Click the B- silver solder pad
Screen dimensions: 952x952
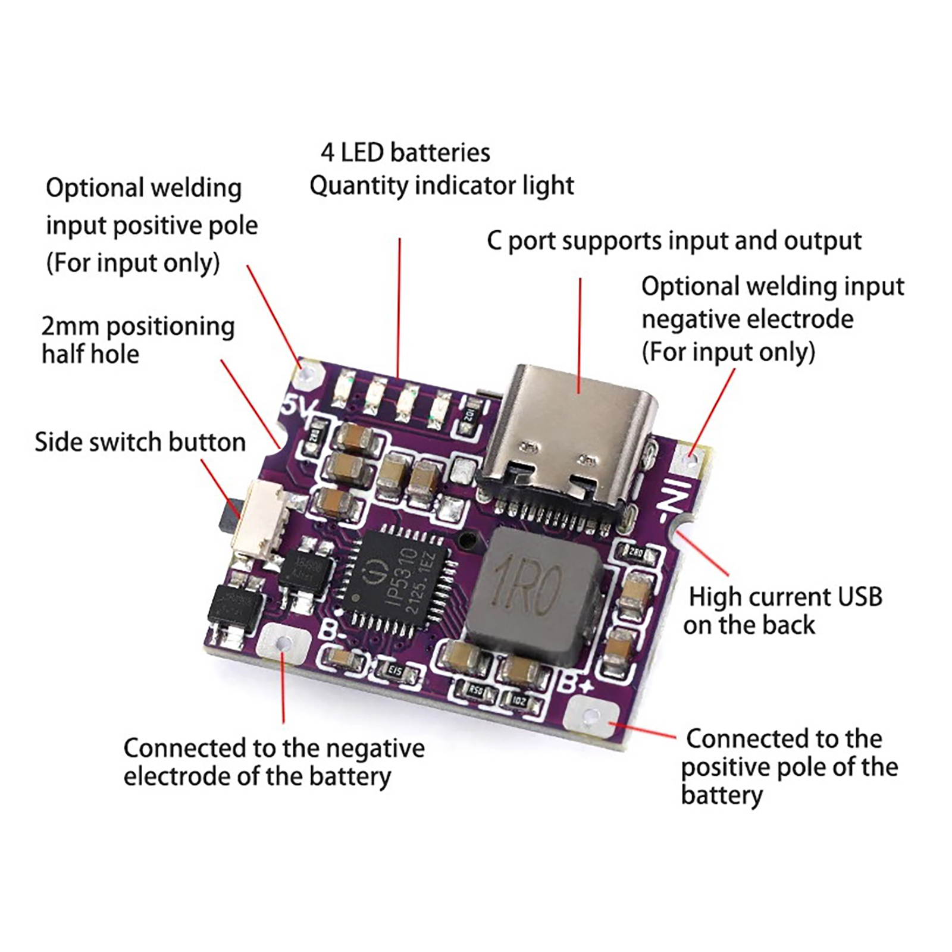point(284,643)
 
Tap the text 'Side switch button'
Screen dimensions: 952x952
point(140,443)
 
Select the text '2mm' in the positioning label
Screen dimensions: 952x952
point(70,327)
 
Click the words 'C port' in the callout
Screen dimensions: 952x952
point(522,241)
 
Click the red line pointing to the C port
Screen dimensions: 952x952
point(580,333)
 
